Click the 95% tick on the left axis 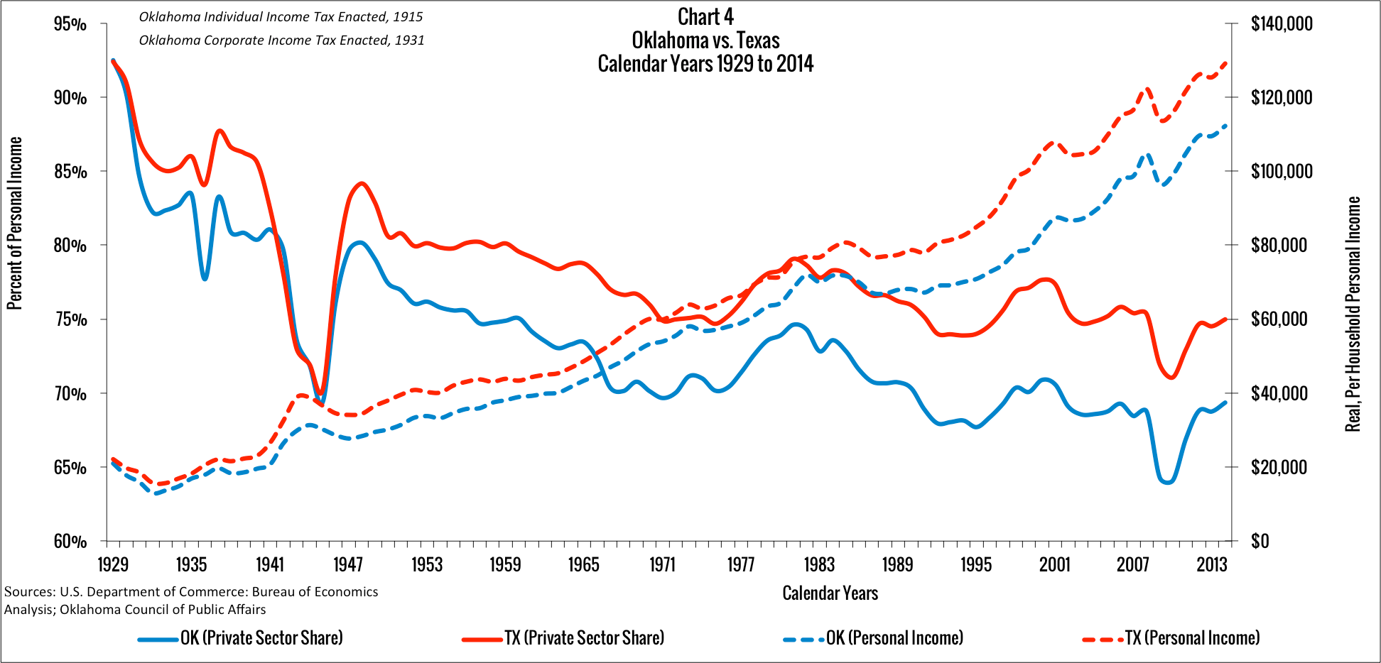pos(70,24)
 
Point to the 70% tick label pos(70,393)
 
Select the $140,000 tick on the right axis pos(1282,24)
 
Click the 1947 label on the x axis pos(348,565)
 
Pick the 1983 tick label pos(819,565)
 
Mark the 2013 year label pos(1211,565)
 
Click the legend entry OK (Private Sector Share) pos(261,638)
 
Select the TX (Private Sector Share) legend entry pos(584,638)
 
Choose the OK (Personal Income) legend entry pos(894,638)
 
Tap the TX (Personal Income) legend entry pos(1192,638)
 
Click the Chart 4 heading pos(705,16)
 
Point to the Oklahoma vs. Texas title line pos(705,40)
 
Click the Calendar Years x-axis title pos(830,593)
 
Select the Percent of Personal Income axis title pos(15,223)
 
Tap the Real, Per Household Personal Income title pos(1353,314)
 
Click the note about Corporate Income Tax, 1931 pos(281,40)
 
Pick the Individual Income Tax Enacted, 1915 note pos(281,17)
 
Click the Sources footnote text pos(191,601)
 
